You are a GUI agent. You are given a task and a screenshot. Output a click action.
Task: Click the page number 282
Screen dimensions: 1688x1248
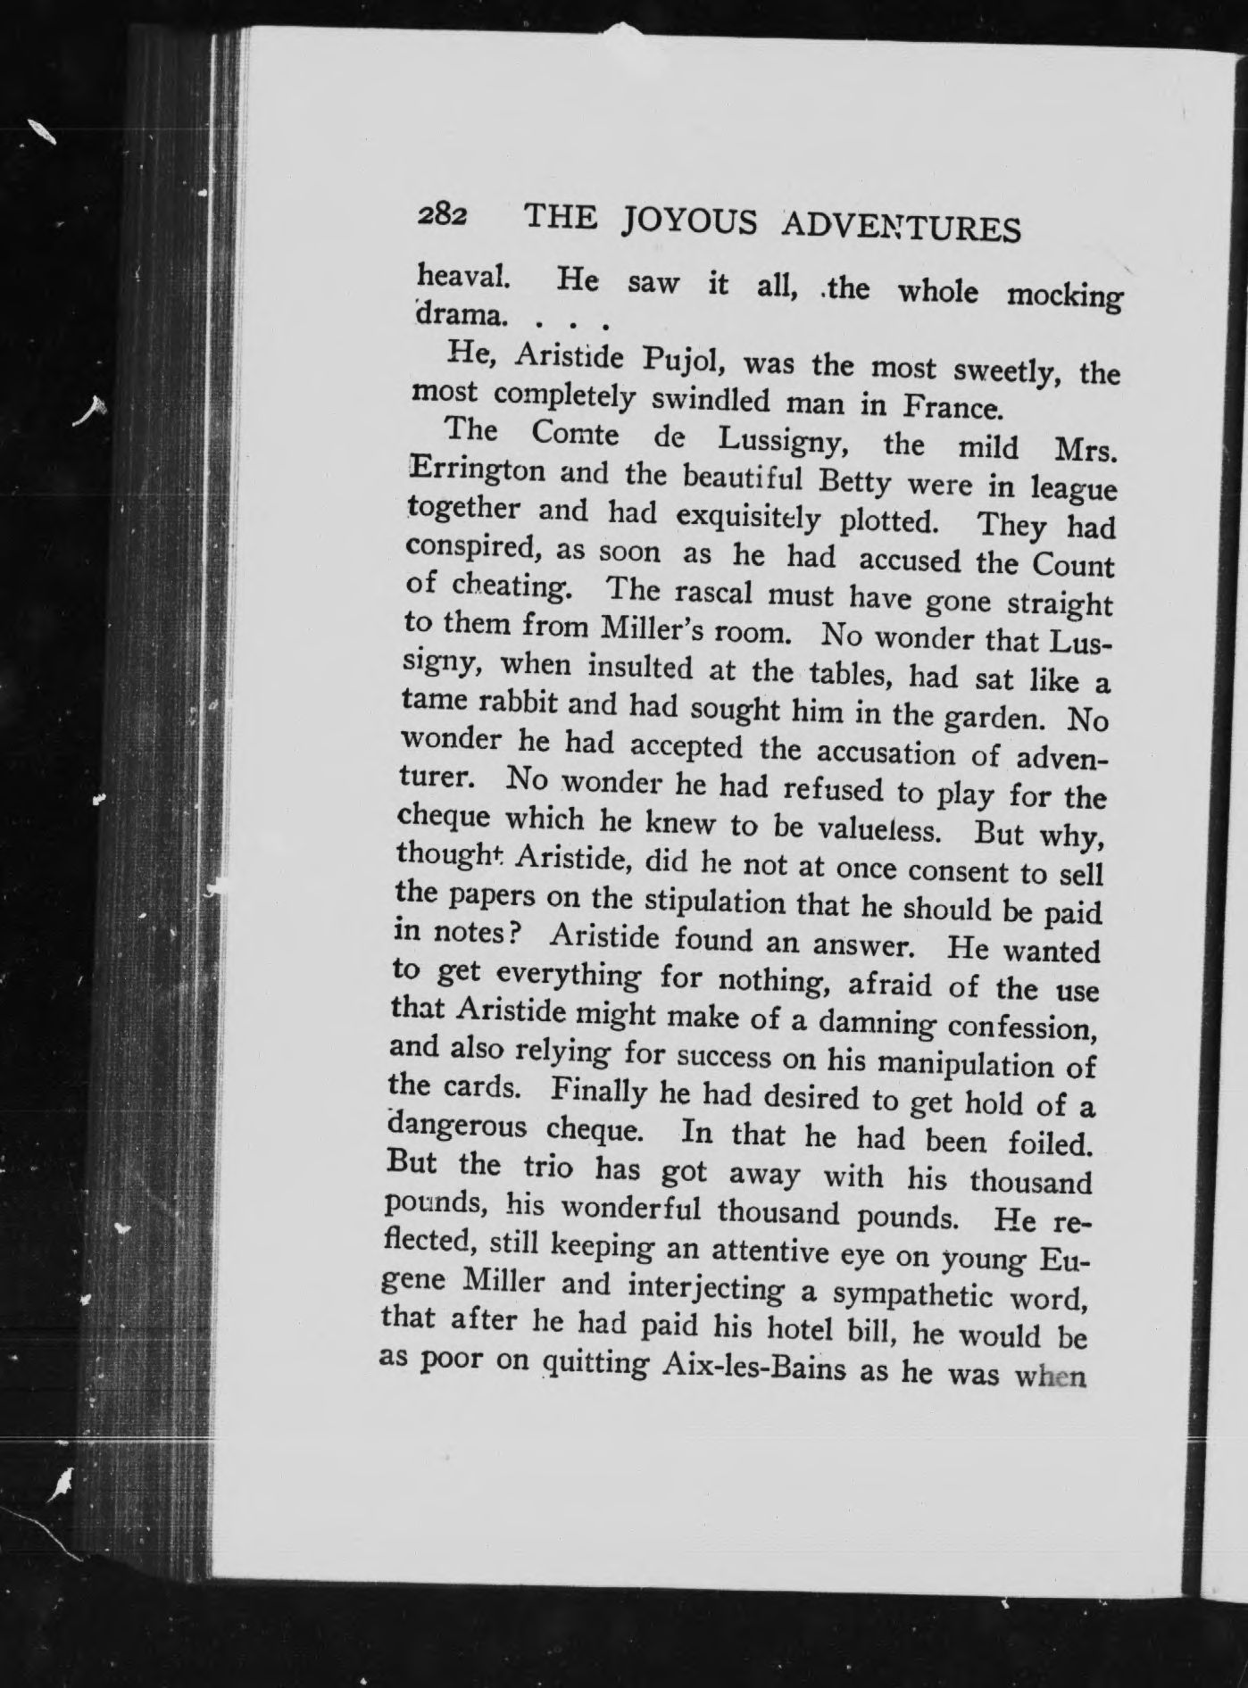[440, 217]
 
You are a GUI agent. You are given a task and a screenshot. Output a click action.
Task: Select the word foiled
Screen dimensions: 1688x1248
[1050, 1143]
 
